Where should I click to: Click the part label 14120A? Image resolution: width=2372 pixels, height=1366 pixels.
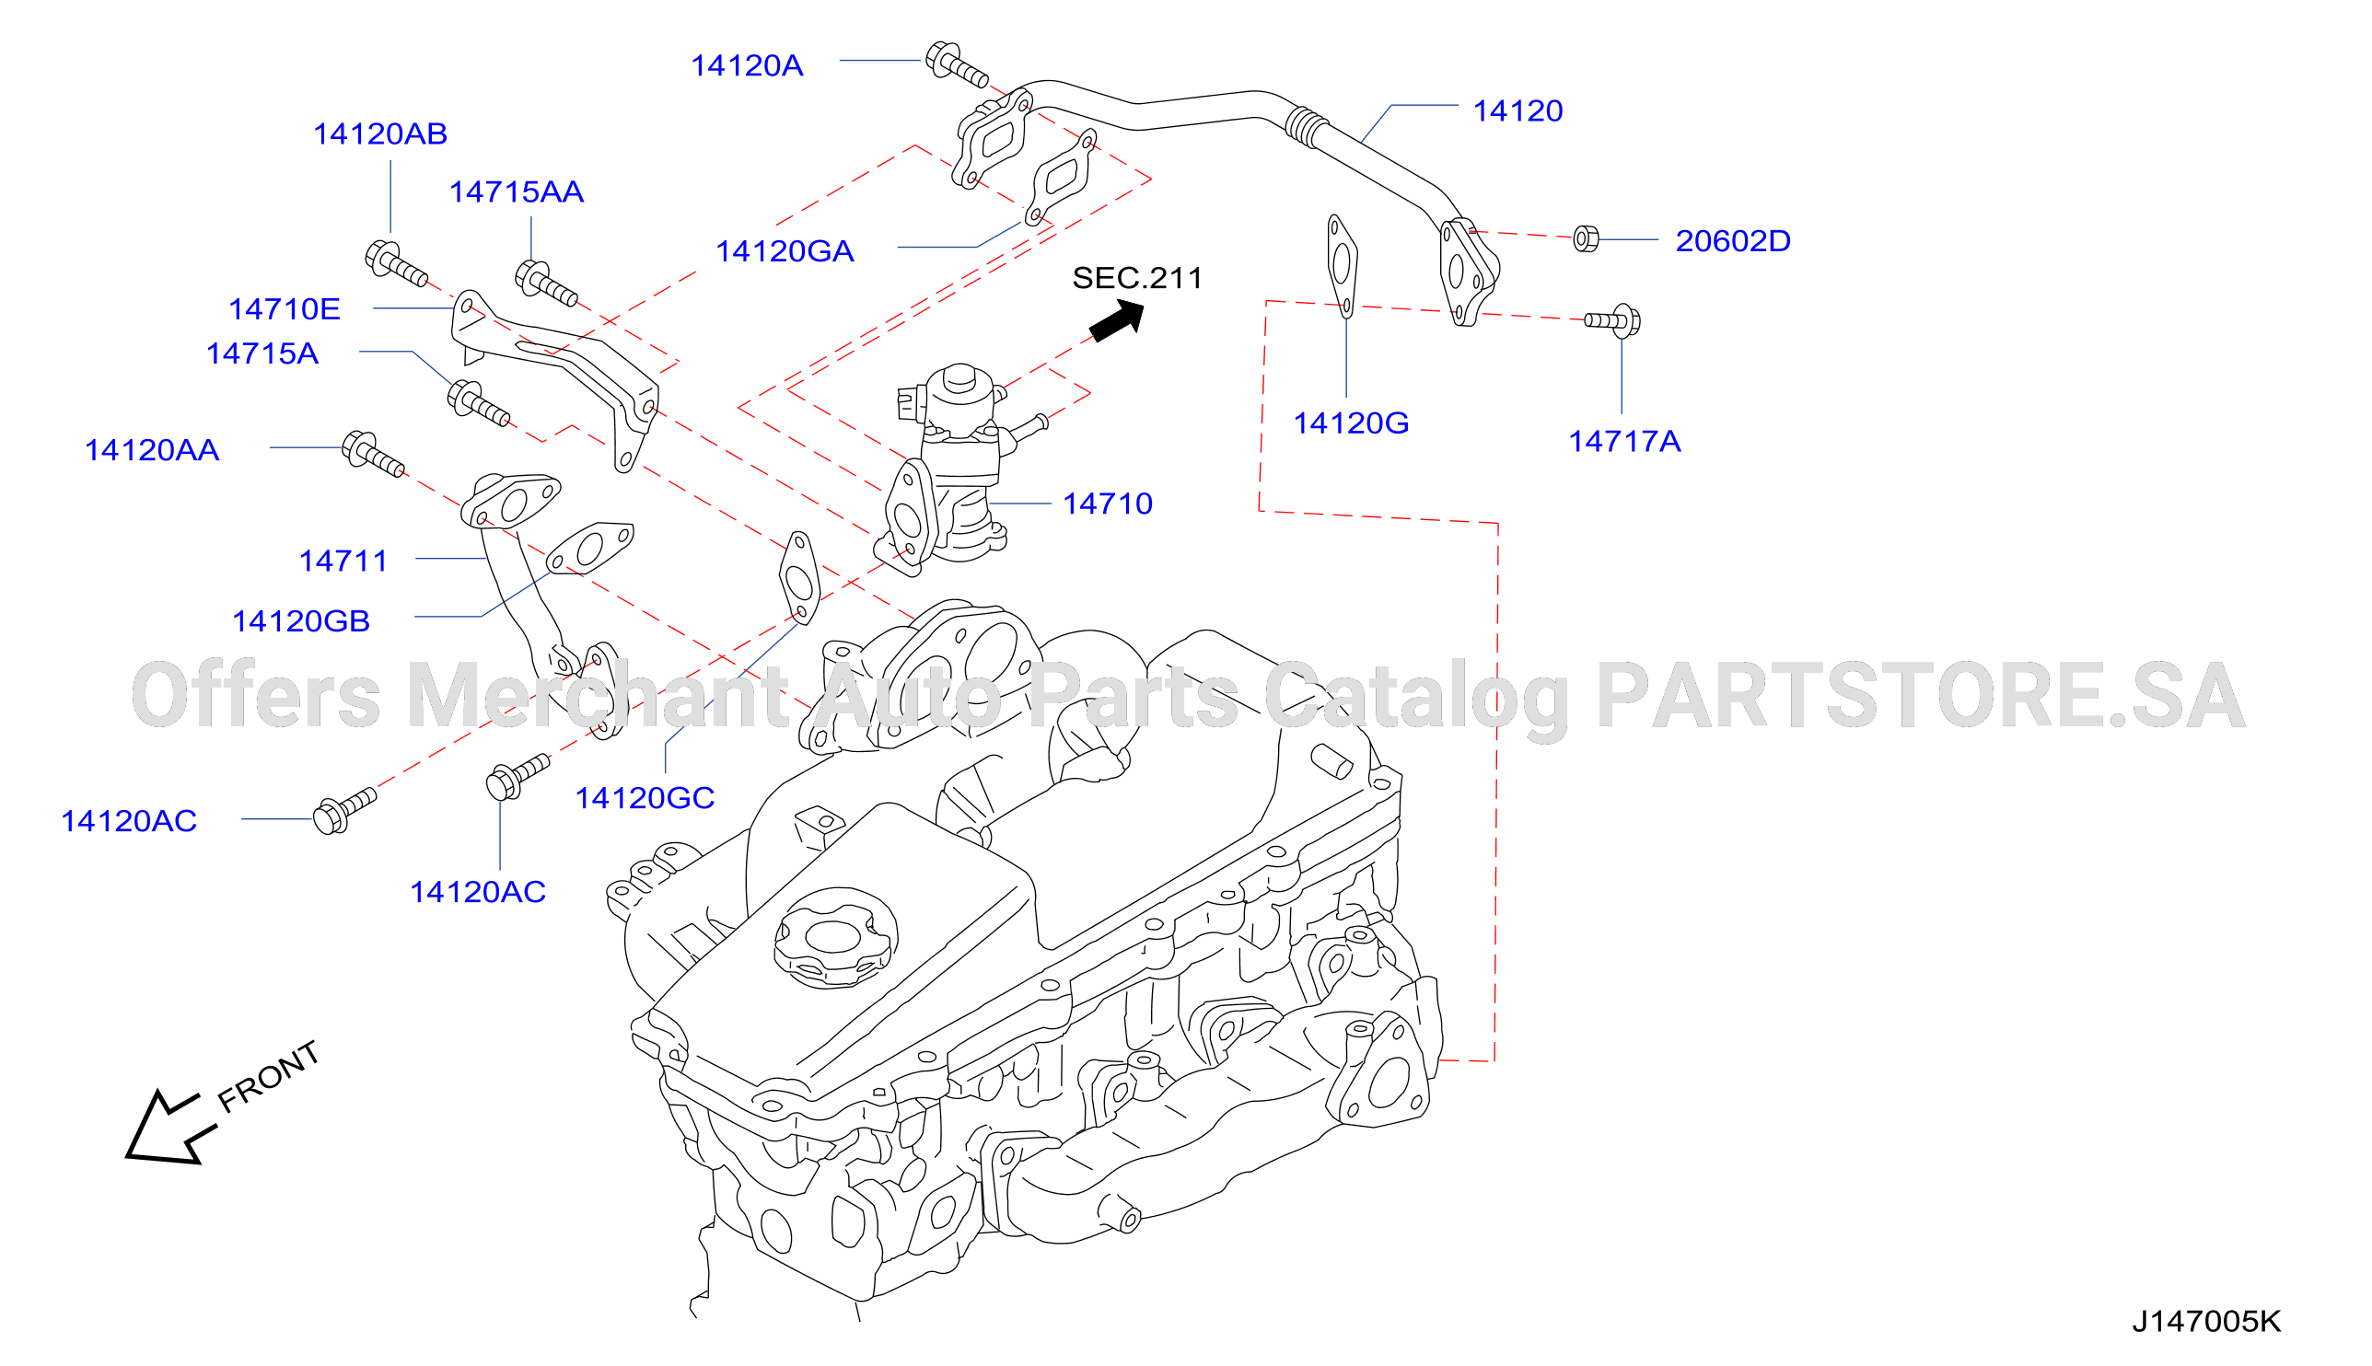pyautogui.click(x=747, y=65)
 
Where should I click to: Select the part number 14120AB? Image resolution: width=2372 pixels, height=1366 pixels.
pyautogui.click(x=380, y=134)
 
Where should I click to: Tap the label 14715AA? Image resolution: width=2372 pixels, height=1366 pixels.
pyautogui.click(x=516, y=192)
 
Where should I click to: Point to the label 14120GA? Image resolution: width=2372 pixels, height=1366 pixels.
pyautogui.click(x=785, y=251)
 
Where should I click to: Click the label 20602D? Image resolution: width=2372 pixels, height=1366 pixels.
pyautogui.click(x=1733, y=241)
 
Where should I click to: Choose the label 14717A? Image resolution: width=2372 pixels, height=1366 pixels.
pyautogui.click(x=1624, y=441)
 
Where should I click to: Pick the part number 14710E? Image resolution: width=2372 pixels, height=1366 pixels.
pyautogui.click(x=285, y=309)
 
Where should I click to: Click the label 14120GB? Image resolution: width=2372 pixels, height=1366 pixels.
pyautogui.click(x=301, y=621)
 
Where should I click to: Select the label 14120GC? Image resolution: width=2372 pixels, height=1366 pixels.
pyautogui.click(x=645, y=798)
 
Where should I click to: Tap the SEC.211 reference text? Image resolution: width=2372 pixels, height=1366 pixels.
pyautogui.click(x=1137, y=278)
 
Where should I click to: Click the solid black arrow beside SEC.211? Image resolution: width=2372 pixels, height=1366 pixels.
pyautogui.click(x=1118, y=320)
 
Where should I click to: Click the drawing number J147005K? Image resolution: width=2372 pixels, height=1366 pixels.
pyautogui.click(x=2206, y=1322)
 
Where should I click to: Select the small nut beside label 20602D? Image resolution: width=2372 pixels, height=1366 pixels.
pyautogui.click(x=1586, y=239)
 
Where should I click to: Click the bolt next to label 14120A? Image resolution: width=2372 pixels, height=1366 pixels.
pyautogui.click(x=956, y=64)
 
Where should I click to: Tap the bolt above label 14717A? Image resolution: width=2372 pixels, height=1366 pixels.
pyautogui.click(x=1613, y=321)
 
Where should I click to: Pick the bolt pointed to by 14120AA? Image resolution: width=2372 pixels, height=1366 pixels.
pyautogui.click(x=373, y=454)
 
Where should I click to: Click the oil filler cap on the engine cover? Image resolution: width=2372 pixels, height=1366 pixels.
pyautogui.click(x=834, y=937)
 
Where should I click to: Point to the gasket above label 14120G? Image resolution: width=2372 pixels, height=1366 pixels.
pyautogui.click(x=1342, y=266)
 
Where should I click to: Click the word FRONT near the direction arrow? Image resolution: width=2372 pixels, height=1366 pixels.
pyautogui.click(x=268, y=1077)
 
